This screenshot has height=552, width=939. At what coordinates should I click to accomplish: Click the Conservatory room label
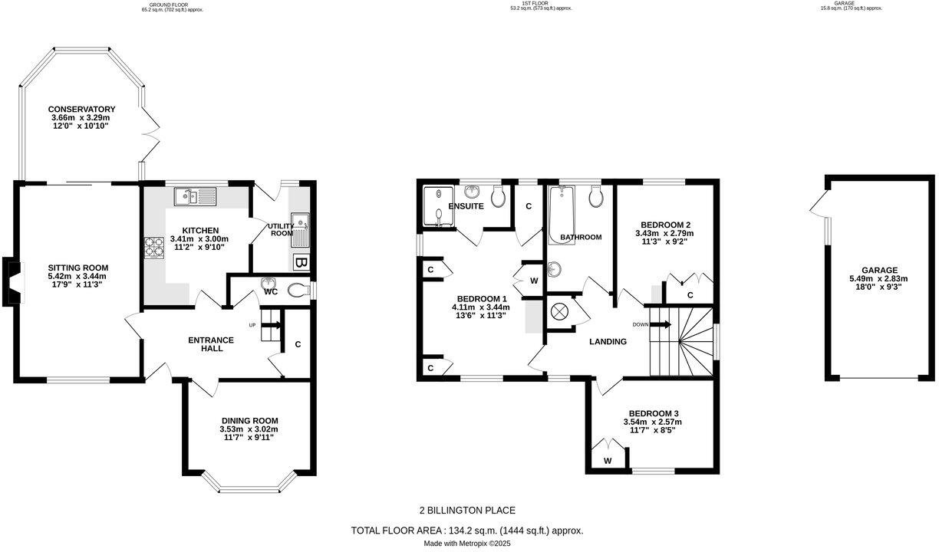pos(81,109)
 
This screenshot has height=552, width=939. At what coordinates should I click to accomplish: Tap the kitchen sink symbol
pos(195,198)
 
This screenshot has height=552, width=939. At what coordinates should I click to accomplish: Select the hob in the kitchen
pos(150,247)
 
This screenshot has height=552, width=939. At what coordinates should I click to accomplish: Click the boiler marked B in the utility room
pos(301,264)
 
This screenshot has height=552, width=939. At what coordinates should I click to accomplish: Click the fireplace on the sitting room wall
pos(13,281)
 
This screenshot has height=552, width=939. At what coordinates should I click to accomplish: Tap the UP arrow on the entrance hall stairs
pos(270,325)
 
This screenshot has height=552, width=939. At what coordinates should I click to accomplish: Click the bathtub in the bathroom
pos(562,209)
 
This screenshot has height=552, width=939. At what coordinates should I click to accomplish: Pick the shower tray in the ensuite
pos(439,208)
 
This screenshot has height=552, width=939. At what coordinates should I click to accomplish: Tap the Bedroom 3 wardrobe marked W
pos(607,460)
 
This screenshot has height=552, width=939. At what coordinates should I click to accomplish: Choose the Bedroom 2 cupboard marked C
pos(690,294)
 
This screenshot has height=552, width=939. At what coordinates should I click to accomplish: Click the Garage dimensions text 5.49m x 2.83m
pos(879,279)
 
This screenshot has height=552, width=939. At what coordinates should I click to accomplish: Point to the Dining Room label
pos(249,420)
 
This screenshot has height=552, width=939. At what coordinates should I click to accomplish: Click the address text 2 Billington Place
pos(467,511)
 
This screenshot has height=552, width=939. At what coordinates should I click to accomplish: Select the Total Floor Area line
pos(467,531)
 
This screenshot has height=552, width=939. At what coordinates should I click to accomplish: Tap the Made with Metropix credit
pos(467,544)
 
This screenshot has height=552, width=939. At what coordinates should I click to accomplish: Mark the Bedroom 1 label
pos(482,298)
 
